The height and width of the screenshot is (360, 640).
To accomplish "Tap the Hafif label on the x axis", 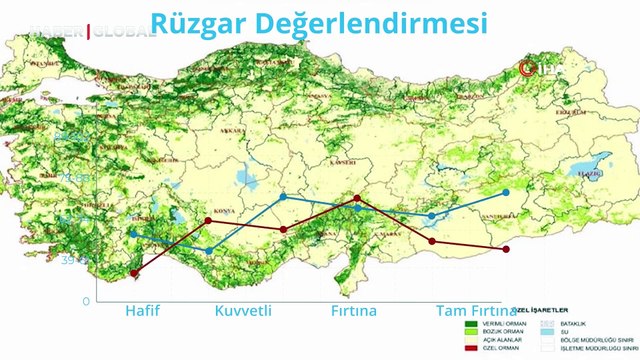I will click(142, 311).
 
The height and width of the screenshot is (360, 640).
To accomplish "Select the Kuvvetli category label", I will click(243, 311).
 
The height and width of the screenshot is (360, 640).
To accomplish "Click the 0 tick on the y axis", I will click(86, 300).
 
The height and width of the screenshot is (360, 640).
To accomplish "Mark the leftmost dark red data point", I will click(134, 272).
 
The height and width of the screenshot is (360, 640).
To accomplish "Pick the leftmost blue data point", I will click(134, 234).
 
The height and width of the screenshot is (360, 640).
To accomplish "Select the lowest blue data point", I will click(209, 250).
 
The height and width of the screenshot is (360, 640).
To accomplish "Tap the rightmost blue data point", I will click(506, 191).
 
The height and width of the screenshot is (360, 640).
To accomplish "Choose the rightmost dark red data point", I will click(506, 249).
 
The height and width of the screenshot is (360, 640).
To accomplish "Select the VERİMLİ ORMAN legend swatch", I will click(471, 324).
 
